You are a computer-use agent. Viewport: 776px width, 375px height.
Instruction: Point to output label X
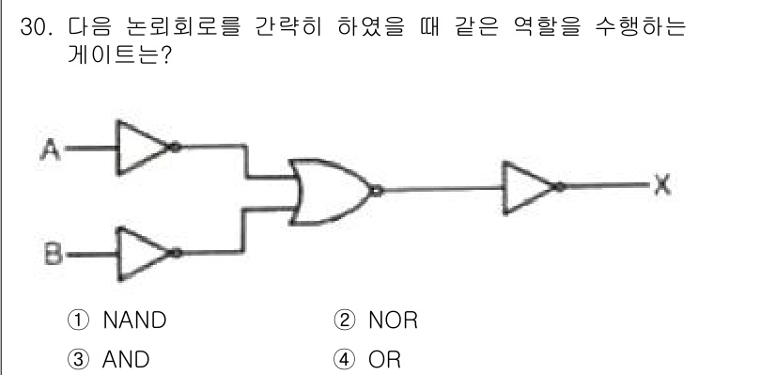661,187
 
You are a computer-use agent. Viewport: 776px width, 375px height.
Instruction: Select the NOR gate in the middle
329,191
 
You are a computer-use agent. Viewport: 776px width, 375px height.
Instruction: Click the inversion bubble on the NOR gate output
376,191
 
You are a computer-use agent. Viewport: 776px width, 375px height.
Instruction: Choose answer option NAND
133,320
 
